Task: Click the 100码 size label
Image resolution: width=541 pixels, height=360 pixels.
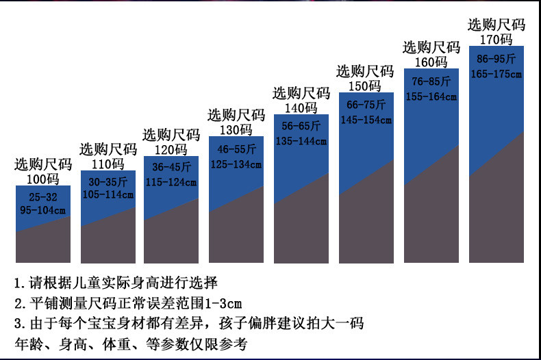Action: [42, 179]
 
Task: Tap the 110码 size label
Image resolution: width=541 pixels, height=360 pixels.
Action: [108, 164]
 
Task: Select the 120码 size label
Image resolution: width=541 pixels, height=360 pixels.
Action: [171, 150]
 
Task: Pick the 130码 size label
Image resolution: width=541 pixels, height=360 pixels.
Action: [236, 130]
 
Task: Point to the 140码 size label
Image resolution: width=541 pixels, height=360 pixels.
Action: [301, 108]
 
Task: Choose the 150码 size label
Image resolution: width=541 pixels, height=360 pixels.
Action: [365, 86]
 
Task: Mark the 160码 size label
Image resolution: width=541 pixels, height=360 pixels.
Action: [431, 62]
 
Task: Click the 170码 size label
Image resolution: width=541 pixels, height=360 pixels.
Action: [496, 39]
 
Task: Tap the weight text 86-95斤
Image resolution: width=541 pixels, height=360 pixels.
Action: [496, 59]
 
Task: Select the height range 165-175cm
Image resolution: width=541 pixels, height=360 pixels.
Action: [496, 74]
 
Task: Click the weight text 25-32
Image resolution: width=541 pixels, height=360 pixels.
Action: [42, 197]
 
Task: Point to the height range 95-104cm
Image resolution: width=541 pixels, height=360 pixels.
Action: [42, 210]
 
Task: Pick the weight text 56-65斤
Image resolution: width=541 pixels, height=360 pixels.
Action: [301, 126]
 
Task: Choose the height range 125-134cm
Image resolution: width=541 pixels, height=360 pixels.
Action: [236, 164]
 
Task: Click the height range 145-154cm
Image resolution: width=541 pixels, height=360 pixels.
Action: [366, 120]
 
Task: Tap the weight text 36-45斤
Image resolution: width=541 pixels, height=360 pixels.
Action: [171, 167]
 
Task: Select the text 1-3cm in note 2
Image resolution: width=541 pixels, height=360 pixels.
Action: [223, 303]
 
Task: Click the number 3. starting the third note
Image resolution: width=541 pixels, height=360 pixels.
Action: [20, 324]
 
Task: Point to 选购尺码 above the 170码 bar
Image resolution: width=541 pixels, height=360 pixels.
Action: [496, 25]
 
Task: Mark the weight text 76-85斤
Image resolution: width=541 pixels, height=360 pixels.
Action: [431, 81]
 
